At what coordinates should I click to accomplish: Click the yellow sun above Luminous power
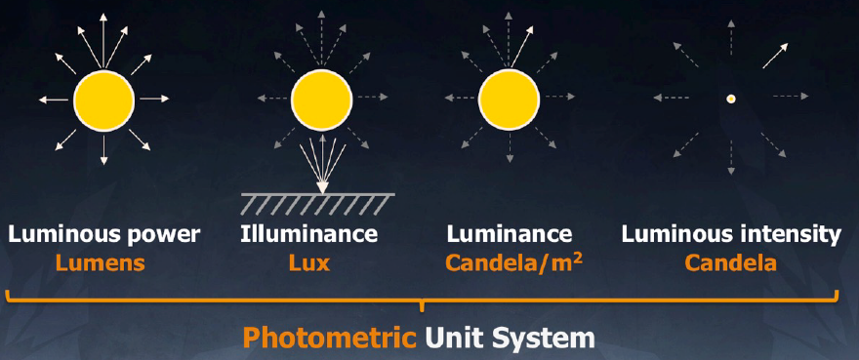click(x=104, y=100)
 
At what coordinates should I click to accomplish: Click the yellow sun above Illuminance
click(x=321, y=100)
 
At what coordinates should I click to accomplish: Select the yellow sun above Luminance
click(x=509, y=100)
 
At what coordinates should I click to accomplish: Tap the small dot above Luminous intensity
click(x=730, y=100)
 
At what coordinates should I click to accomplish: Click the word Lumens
click(x=100, y=263)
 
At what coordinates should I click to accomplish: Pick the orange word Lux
click(x=309, y=263)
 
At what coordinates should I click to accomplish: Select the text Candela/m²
click(x=513, y=263)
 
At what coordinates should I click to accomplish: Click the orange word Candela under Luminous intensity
click(x=731, y=263)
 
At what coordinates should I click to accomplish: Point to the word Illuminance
click(x=309, y=234)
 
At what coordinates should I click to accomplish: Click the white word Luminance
click(x=510, y=234)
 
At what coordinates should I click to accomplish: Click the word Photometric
click(x=330, y=339)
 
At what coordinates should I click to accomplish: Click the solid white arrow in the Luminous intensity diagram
click(x=775, y=56)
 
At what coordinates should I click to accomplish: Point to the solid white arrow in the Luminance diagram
click(x=522, y=46)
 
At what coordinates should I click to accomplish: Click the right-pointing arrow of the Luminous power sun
click(x=154, y=100)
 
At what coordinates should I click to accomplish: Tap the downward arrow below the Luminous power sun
click(x=104, y=149)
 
